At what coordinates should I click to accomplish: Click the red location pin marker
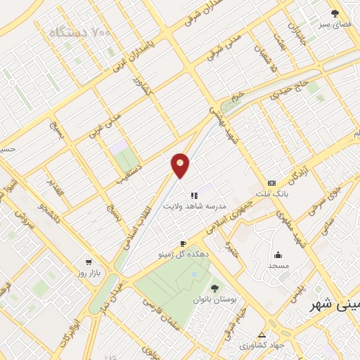click(181, 165)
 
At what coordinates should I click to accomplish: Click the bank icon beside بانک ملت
click(272, 182)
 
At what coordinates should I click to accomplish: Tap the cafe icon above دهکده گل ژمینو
click(183, 243)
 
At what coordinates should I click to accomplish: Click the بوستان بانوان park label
click(214, 299)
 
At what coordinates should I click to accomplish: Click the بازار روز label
click(89, 271)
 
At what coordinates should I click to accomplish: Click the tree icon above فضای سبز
click(335, 13)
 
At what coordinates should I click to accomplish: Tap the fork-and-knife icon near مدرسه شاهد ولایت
click(194, 195)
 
